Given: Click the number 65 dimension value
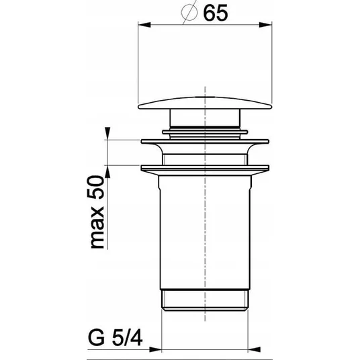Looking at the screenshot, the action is click(x=216, y=13).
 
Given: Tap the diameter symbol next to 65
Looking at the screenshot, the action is click(x=189, y=13).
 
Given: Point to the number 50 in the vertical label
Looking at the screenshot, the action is click(x=96, y=187).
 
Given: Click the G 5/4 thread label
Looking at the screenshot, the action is click(x=115, y=339).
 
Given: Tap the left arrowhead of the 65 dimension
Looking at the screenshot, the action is click(x=144, y=25).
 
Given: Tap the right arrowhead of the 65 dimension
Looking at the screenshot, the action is click(x=265, y=25).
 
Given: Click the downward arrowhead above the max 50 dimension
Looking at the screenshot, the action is click(x=107, y=133).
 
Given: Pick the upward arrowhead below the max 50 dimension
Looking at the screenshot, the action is click(x=107, y=171).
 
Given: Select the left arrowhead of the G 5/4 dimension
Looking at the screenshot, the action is click(x=155, y=349).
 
